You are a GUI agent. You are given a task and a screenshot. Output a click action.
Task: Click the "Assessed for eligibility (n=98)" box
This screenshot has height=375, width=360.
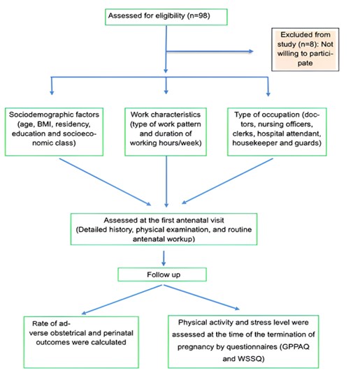click(166, 17)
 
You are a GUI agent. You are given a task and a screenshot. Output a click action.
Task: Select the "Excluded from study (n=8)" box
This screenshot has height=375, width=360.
click(305, 50)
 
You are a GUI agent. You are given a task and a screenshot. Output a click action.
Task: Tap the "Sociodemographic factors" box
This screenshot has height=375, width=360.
click(54, 132)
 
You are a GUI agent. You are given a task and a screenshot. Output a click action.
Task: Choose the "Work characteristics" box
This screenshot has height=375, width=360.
click(166, 132)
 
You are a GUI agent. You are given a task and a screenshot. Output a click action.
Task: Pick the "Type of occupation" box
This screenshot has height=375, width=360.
click(277, 132)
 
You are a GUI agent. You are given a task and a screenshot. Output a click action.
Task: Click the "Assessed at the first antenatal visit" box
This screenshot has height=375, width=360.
click(164, 229)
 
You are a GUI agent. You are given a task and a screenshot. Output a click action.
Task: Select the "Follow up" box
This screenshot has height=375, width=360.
click(162, 274)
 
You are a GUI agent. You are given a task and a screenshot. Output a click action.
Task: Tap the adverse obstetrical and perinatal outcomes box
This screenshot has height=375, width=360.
click(81, 342)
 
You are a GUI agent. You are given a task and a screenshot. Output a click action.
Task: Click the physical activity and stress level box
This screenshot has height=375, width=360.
click(243, 341)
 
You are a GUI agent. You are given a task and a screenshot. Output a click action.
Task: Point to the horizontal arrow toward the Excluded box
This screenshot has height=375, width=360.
click(210, 51)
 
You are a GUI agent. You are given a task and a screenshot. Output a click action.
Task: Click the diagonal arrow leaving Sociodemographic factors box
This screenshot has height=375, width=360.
click(105, 182)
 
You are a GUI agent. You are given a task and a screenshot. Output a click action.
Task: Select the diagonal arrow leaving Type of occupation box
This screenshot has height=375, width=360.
click(227, 181)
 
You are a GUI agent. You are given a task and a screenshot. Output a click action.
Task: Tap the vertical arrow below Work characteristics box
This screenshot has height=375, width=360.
click(166, 182)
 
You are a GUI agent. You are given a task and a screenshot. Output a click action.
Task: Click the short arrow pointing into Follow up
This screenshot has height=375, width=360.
click(164, 258)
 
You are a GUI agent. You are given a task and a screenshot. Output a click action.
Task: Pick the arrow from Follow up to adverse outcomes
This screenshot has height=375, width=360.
click(122, 300)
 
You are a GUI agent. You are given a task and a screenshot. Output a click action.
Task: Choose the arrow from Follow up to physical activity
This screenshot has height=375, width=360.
click(201, 297)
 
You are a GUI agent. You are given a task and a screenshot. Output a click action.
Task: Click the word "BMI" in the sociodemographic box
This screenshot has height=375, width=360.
click(44, 124)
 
